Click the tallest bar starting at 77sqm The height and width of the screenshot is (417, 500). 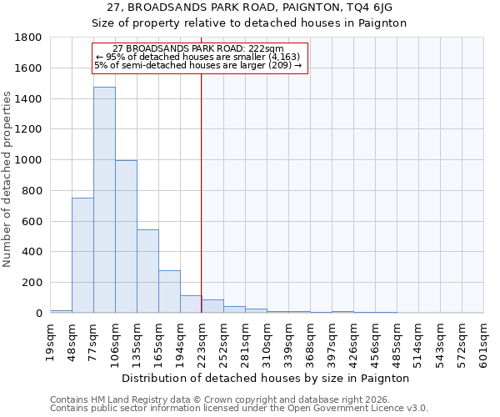[104, 200]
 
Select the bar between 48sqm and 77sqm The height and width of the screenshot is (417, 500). [82, 255]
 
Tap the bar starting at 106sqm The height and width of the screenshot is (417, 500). [126, 237]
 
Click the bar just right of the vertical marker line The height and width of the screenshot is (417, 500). [212, 306]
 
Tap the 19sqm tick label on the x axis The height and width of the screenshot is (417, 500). [51, 342]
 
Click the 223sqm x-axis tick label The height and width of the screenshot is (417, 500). [202, 342]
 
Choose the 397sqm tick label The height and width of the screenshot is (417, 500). [332, 342]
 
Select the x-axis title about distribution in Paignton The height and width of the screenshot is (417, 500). [267, 378]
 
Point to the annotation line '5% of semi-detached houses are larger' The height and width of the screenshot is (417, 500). [198, 65]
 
